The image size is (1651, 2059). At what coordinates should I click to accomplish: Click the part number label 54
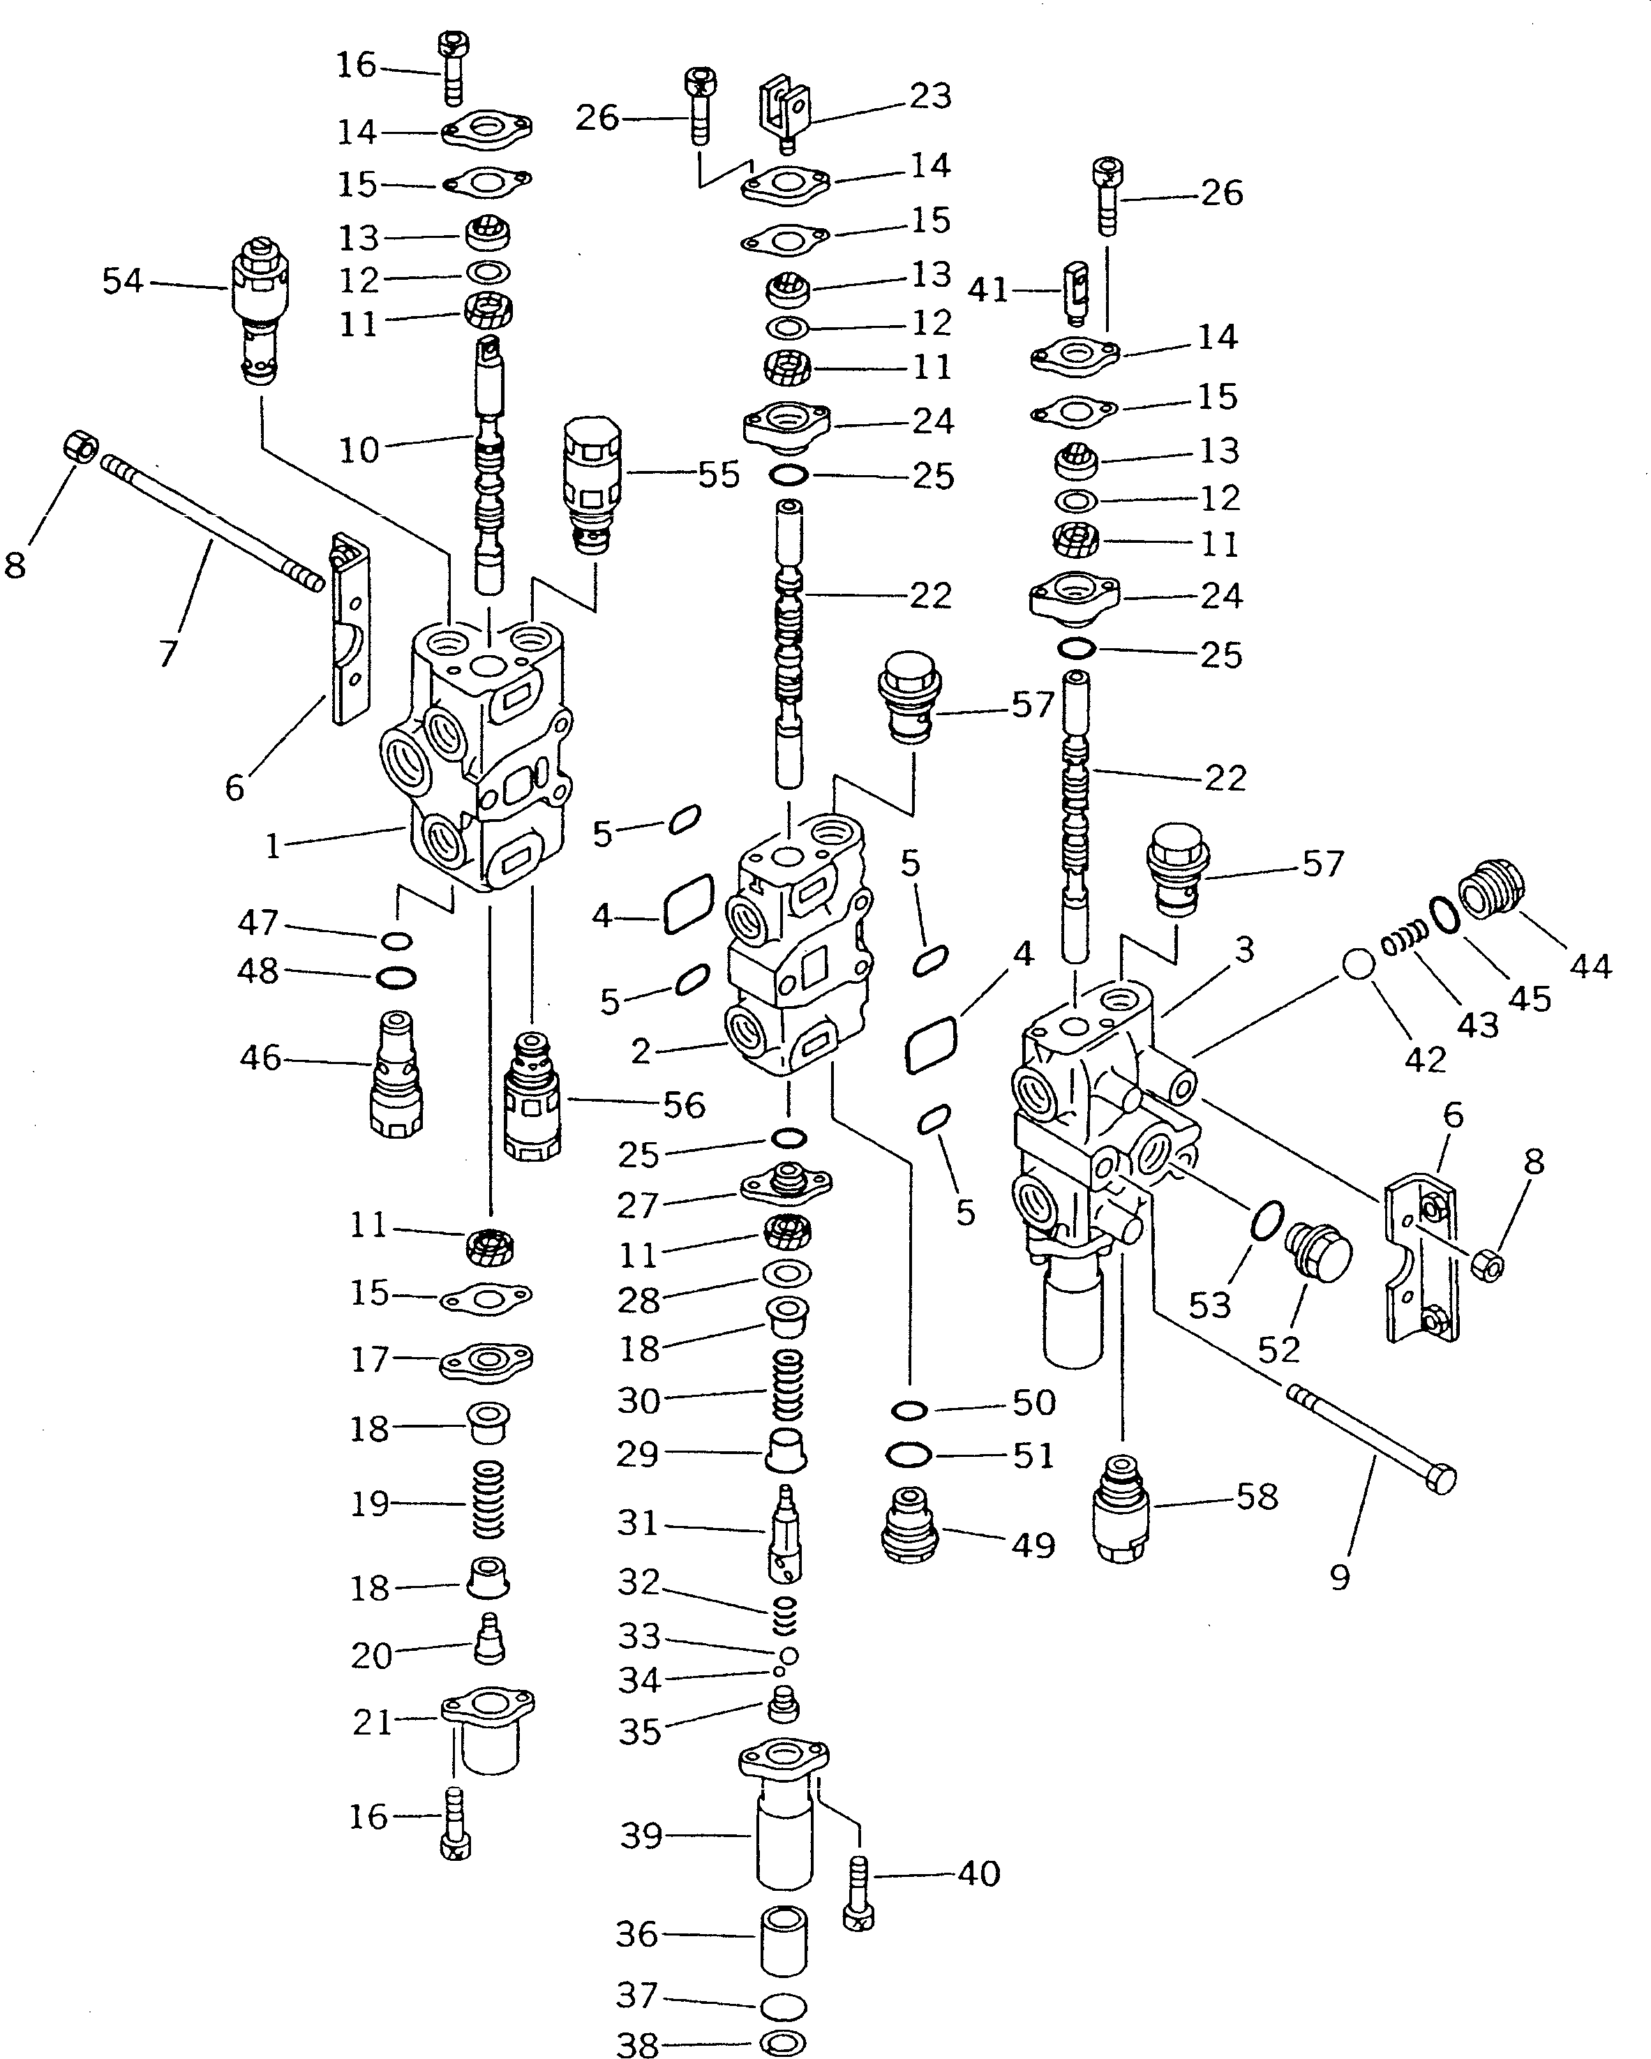tap(122, 282)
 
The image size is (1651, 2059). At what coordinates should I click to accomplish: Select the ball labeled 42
tap(1358, 964)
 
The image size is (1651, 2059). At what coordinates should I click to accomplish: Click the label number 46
tap(260, 1057)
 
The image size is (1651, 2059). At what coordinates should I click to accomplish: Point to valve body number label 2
tap(641, 1051)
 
